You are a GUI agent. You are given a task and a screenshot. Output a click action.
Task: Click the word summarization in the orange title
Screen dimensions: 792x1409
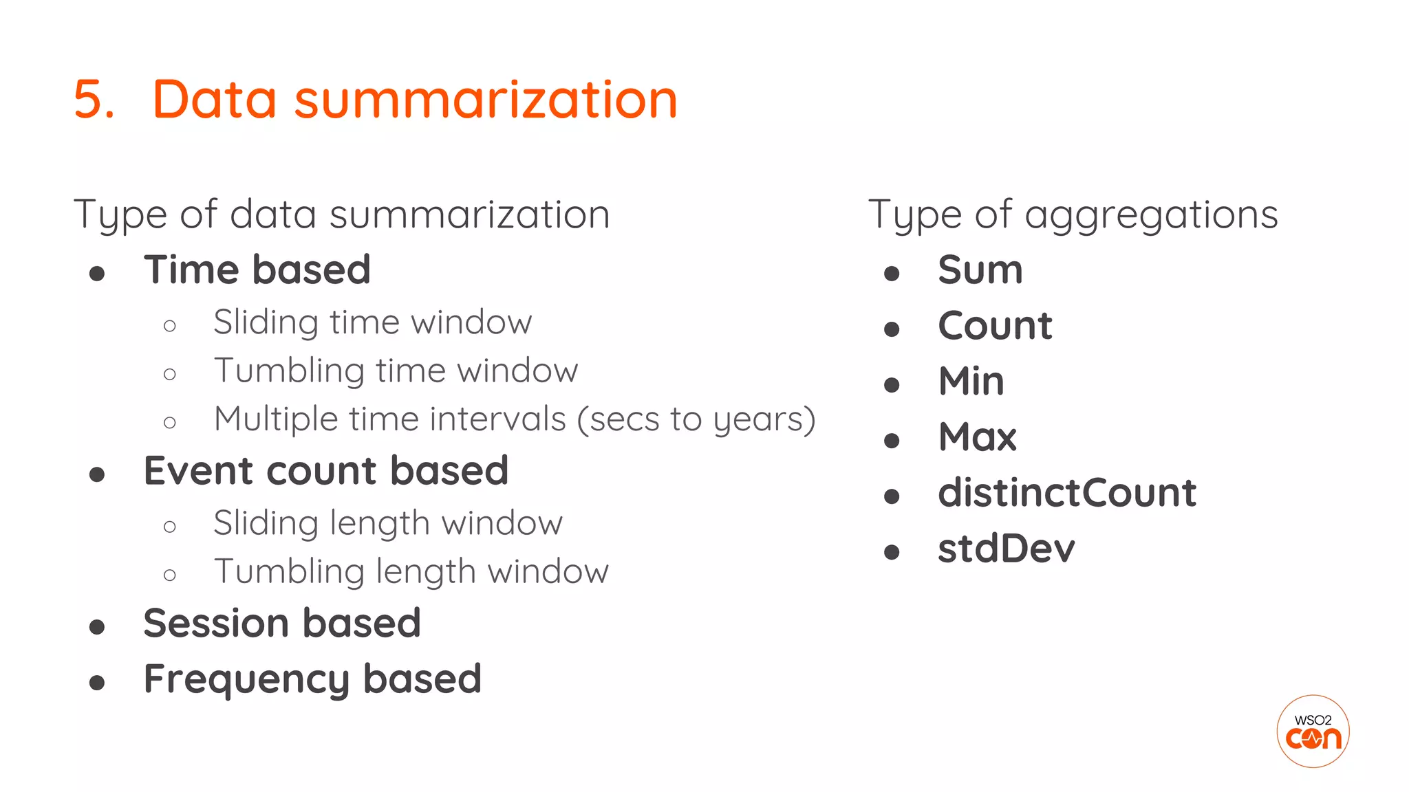click(x=486, y=100)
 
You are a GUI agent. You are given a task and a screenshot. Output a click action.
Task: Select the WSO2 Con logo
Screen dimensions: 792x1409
click(x=1313, y=731)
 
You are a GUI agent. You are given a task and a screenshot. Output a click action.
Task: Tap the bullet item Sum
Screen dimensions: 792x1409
click(x=980, y=269)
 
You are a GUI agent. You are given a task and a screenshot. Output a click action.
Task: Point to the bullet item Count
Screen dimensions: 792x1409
click(x=995, y=325)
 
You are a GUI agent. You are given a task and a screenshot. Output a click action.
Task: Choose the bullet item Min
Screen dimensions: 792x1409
click(x=971, y=381)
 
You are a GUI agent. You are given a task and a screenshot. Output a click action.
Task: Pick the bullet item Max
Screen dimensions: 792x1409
click(x=977, y=437)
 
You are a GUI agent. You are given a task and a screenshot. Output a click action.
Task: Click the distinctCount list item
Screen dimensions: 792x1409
click(x=1066, y=493)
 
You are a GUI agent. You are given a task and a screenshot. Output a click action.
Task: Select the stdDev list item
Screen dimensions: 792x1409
click(x=1006, y=549)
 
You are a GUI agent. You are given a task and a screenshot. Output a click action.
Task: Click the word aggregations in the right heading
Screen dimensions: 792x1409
click(x=1151, y=215)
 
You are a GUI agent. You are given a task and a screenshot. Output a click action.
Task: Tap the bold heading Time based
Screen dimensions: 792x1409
click(x=257, y=269)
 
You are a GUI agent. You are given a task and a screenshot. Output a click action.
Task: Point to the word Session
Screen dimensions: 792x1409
click(x=216, y=624)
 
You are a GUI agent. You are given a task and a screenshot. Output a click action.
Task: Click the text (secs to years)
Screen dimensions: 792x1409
click(x=696, y=419)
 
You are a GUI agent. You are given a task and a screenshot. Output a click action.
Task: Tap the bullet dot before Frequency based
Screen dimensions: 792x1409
click(x=97, y=683)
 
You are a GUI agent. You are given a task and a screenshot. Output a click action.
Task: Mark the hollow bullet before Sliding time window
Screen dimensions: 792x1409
click(x=170, y=326)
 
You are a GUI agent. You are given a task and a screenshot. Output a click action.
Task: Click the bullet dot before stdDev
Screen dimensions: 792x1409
click(x=892, y=551)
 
